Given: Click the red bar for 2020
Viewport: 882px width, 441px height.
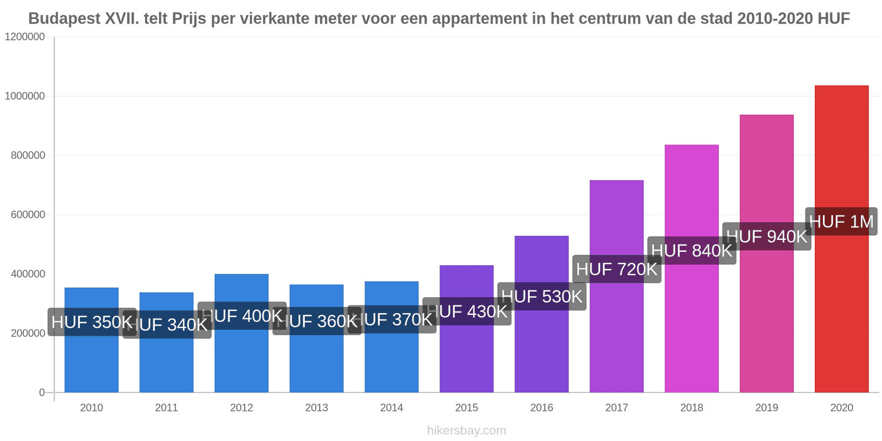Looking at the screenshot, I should (841, 309).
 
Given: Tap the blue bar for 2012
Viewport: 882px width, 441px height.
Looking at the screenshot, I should (241, 358).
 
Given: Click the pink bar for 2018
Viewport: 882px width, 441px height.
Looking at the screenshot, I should (691, 331).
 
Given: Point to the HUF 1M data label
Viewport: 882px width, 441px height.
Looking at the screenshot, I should (841, 222).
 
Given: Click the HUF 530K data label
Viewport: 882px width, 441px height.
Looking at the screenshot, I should (542, 297).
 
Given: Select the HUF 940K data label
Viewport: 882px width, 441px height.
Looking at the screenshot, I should (767, 236).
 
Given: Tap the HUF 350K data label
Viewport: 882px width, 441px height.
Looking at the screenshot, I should (92, 322).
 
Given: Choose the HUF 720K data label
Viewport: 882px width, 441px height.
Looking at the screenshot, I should (617, 269).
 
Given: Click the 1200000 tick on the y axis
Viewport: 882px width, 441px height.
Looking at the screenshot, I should (25, 37).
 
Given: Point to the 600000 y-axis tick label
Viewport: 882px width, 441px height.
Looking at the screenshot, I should (28, 215).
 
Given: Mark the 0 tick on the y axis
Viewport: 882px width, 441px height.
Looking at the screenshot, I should (42, 392).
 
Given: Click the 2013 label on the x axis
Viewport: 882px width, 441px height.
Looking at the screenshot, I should (316, 408).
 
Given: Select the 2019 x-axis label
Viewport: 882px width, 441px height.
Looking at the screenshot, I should (767, 408).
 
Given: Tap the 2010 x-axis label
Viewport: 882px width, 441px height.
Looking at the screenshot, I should (92, 408).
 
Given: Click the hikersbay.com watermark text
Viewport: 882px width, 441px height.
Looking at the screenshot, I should (466, 431).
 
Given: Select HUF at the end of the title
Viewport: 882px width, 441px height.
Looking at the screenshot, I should (833, 19).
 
